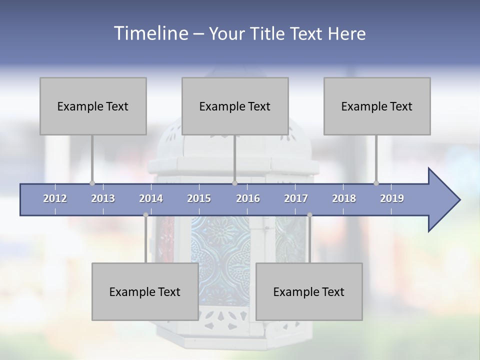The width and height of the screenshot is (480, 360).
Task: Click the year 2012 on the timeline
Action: [55, 198]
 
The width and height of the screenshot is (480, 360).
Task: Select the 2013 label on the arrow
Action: [103, 198]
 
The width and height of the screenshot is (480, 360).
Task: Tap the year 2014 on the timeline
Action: [151, 198]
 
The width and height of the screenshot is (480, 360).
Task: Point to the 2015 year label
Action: [199, 198]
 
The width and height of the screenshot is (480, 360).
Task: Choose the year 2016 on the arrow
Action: [248, 198]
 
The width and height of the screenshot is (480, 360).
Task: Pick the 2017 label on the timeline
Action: [296, 198]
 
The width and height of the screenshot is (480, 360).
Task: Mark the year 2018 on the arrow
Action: [344, 198]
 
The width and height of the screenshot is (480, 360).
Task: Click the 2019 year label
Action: [392, 198]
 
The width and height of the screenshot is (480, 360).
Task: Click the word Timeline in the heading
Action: [149, 33]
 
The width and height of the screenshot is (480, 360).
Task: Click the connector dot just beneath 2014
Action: [145, 215]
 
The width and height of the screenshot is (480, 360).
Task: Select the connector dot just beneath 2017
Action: [309, 215]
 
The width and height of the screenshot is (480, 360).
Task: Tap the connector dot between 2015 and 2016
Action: [234, 183]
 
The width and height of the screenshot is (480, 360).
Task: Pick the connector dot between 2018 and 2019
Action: [376, 183]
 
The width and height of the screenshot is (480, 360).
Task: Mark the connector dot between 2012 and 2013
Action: [92, 183]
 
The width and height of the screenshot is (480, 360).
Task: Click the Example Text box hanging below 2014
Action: [145, 291]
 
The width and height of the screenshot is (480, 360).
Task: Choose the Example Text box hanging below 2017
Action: [309, 291]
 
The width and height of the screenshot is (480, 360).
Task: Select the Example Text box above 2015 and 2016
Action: [235, 106]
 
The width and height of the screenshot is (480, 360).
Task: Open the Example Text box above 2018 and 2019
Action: [377, 106]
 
